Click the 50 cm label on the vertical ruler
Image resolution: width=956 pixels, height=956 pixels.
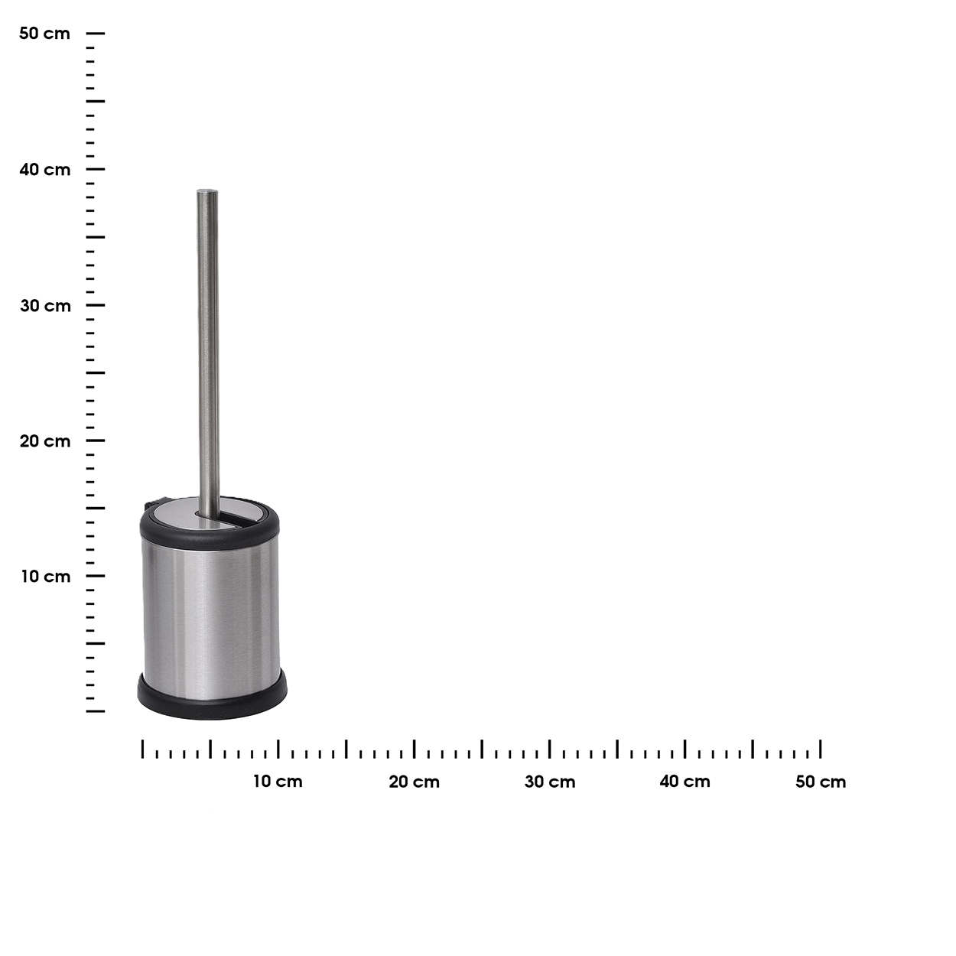tap(44, 34)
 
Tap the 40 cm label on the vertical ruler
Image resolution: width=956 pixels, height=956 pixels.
tap(45, 170)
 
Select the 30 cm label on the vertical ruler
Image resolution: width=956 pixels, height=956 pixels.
tap(46, 306)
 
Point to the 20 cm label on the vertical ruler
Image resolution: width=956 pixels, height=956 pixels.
tap(45, 441)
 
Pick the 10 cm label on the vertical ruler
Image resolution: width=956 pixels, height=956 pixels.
tap(46, 577)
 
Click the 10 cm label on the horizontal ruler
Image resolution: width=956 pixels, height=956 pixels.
tap(278, 782)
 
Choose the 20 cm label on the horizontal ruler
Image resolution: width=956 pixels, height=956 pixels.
tap(415, 782)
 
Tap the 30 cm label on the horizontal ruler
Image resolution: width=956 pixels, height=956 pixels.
tap(550, 782)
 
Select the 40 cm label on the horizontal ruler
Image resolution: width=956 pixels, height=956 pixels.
tap(685, 782)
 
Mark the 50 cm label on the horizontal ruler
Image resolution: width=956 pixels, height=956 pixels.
tap(821, 782)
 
